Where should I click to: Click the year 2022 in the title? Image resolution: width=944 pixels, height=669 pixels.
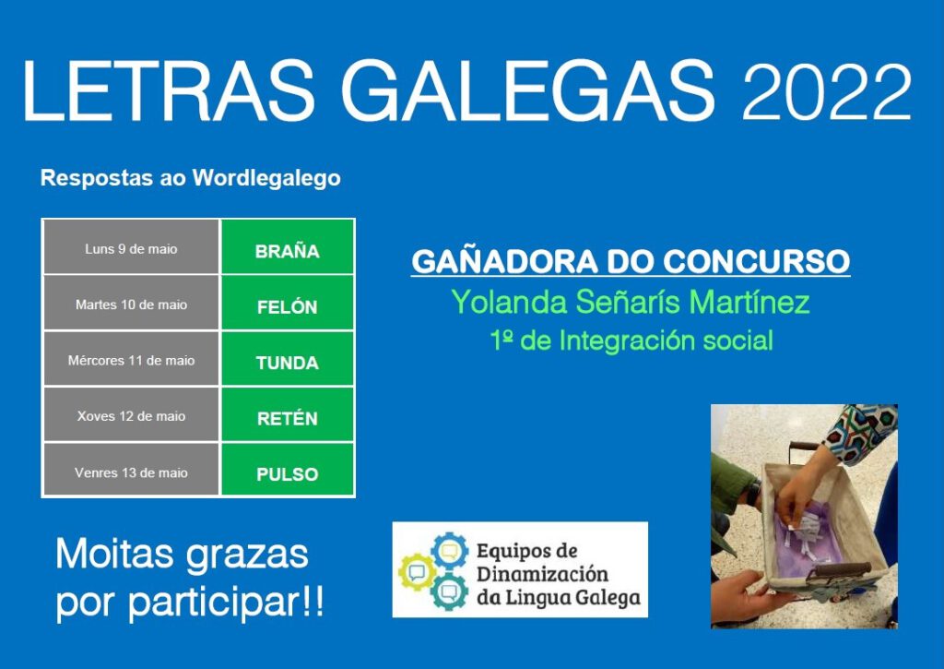click(x=827, y=91)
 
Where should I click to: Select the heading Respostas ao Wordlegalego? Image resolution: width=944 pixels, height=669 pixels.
click(x=190, y=178)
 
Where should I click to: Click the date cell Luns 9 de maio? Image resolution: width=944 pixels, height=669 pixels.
click(x=131, y=247)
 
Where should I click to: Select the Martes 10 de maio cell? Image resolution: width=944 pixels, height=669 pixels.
click(x=131, y=304)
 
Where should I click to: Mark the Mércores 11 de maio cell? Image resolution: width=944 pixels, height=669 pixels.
click(x=131, y=359)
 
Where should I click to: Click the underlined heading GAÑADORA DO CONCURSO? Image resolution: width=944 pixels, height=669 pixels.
click(x=631, y=262)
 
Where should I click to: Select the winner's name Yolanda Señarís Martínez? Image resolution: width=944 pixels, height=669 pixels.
click(x=631, y=302)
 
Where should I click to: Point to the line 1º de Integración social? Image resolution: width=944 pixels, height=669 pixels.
click(x=631, y=340)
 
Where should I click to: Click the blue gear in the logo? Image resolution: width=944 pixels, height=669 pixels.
click(x=450, y=550)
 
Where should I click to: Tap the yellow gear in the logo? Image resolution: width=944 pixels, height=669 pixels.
click(x=417, y=572)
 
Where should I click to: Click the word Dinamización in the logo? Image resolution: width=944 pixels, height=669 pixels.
click(x=542, y=574)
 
